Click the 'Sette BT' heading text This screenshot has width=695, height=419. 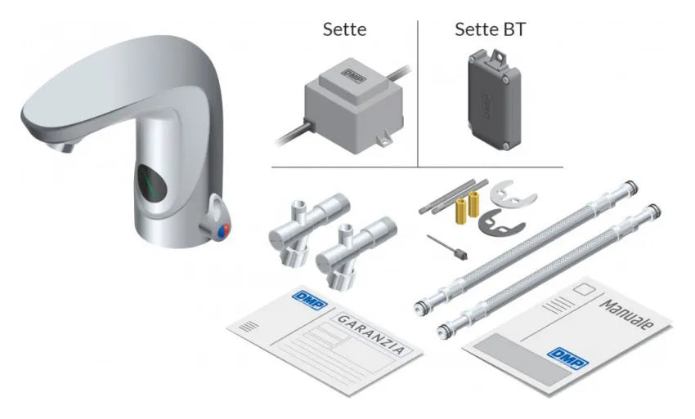(x=490, y=29)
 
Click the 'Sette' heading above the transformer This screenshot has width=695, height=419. (x=344, y=29)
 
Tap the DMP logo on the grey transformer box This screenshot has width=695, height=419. (x=354, y=75)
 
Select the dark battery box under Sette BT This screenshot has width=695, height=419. (x=494, y=99)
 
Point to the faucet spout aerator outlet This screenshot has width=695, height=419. (x=67, y=146)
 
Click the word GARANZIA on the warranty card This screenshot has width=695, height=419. (x=371, y=334)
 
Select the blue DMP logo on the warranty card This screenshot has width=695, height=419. (x=310, y=300)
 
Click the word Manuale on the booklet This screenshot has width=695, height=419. (x=625, y=314)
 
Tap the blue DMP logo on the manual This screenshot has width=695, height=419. (x=567, y=358)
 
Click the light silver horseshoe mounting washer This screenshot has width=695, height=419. (x=513, y=193)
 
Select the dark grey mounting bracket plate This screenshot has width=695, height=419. (x=501, y=221)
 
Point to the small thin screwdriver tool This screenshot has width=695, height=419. (x=446, y=247)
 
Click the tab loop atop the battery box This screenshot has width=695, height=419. (x=497, y=56)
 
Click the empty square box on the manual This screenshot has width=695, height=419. (x=585, y=291)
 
